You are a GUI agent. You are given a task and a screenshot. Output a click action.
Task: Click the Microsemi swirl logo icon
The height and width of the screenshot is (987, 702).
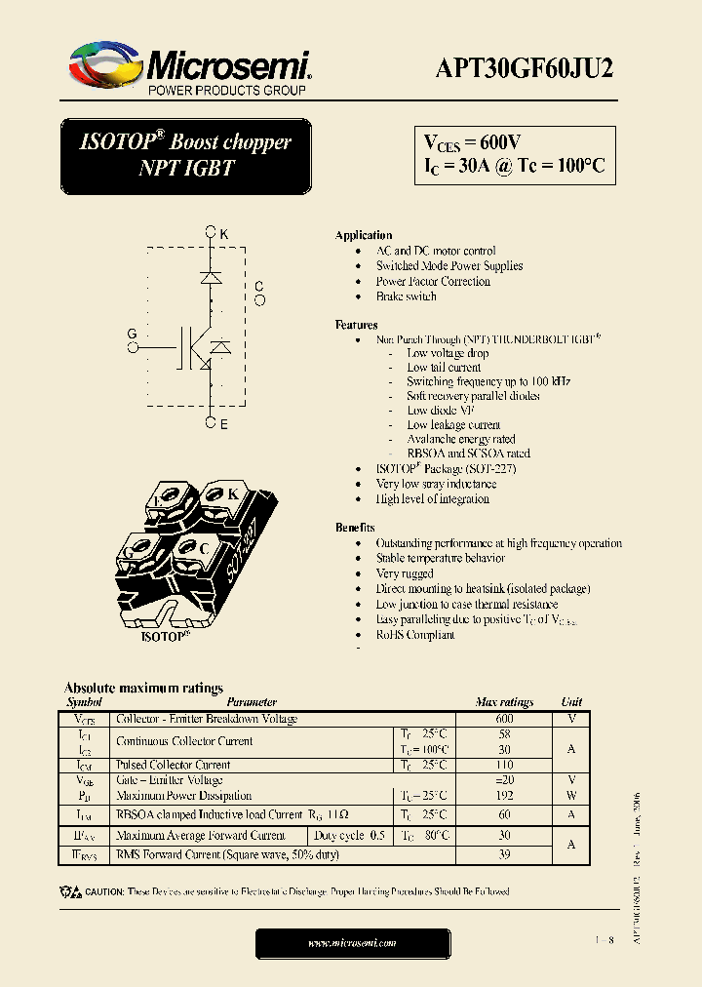103,64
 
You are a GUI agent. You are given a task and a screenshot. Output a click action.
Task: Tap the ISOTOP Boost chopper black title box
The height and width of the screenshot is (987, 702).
185,155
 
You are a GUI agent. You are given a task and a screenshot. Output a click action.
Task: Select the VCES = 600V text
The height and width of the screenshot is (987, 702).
473,141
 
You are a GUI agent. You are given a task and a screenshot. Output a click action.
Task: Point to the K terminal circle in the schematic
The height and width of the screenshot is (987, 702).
210,233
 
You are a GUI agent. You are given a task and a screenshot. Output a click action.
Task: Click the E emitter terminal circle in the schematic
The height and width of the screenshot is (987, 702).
210,423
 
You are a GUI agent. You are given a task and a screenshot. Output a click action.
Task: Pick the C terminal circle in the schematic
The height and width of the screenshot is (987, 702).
259,300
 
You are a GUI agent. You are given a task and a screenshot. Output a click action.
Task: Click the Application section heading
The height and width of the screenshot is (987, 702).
364,236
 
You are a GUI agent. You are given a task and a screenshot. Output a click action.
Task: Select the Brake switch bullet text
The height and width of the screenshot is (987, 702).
406,296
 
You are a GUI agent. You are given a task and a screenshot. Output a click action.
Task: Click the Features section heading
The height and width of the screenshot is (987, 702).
357,325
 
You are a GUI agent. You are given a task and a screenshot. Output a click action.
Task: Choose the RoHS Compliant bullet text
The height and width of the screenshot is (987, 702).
415,635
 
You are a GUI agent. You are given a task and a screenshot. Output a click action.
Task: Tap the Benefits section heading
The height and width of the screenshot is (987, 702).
355,528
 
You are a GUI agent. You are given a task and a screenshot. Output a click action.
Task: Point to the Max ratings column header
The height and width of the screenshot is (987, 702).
504,702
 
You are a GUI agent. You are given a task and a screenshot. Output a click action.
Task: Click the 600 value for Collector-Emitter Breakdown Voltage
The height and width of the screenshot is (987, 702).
504,719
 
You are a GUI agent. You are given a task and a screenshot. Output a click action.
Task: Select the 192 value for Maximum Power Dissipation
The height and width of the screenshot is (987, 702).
504,796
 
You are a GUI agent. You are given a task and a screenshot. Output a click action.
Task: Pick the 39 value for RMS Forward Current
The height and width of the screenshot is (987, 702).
504,854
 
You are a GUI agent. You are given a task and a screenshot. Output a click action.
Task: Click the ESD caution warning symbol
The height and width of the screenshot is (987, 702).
70,891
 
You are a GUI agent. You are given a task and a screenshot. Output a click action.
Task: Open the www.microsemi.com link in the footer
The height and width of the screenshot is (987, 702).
352,943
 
